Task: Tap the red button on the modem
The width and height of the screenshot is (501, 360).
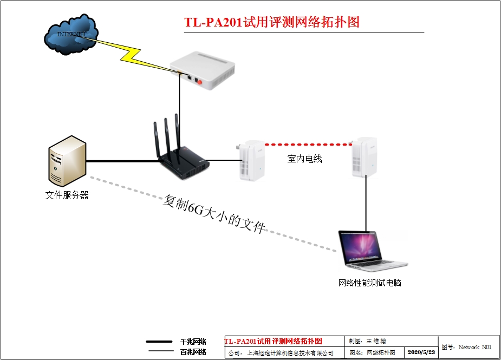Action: pyautogui.click(x=199, y=82)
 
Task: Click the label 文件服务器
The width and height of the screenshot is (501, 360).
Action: pyautogui.click(x=67, y=195)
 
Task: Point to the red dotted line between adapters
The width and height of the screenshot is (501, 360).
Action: pyautogui.click(x=308, y=145)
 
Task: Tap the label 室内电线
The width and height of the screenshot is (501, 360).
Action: pyautogui.click(x=304, y=159)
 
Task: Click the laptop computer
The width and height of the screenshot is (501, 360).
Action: pyautogui.click(x=361, y=250)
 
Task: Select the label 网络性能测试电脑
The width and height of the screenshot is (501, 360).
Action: pyautogui.click(x=369, y=283)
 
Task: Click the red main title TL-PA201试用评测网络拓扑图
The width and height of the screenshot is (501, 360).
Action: pyautogui.click(x=272, y=22)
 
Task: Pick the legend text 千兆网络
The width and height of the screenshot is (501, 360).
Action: pyautogui.click(x=193, y=342)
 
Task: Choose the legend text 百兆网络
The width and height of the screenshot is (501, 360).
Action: pyautogui.click(x=193, y=352)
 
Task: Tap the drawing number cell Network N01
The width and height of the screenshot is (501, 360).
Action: pyautogui.click(x=469, y=347)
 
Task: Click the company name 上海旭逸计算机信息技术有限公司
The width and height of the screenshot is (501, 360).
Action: pyautogui.click(x=290, y=353)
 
